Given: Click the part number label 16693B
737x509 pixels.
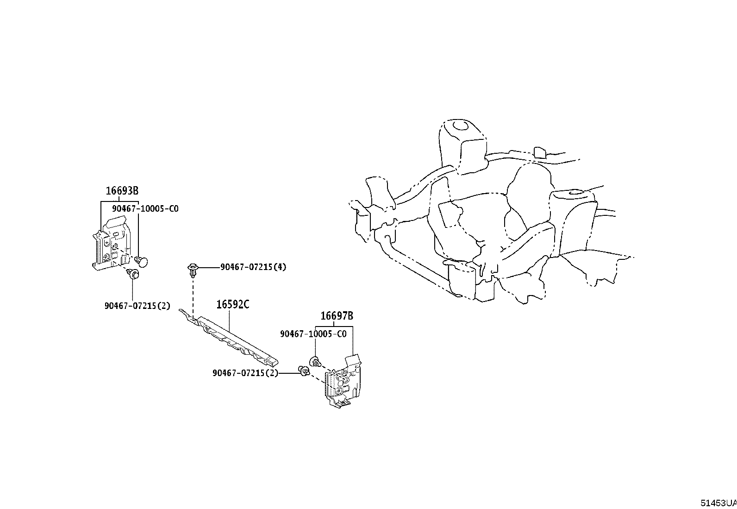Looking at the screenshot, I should pyautogui.click(x=122, y=190).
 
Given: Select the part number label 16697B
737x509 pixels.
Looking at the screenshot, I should pyautogui.click(x=337, y=316).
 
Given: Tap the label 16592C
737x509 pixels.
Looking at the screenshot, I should pyautogui.click(x=233, y=304).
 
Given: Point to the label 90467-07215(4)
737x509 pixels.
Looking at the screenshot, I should pyautogui.click(x=253, y=267).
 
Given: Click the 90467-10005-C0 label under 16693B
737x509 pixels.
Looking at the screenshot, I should pyautogui.click(x=145, y=209).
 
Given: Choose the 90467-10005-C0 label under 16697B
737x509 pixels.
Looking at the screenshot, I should pyautogui.click(x=313, y=334).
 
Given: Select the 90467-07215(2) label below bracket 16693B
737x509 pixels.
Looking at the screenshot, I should pyautogui.click(x=137, y=306).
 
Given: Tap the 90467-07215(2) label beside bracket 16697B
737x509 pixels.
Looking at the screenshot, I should pyautogui.click(x=245, y=373).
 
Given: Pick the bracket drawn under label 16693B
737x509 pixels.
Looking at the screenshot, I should pyautogui.click(x=111, y=245).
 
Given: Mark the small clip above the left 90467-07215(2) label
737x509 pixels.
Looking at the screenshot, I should pyautogui.click(x=133, y=274).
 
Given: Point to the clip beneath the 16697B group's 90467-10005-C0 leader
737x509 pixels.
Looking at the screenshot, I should pyautogui.click(x=315, y=361).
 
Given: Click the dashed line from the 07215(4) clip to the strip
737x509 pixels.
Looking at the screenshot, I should pyautogui.click(x=193, y=296).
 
